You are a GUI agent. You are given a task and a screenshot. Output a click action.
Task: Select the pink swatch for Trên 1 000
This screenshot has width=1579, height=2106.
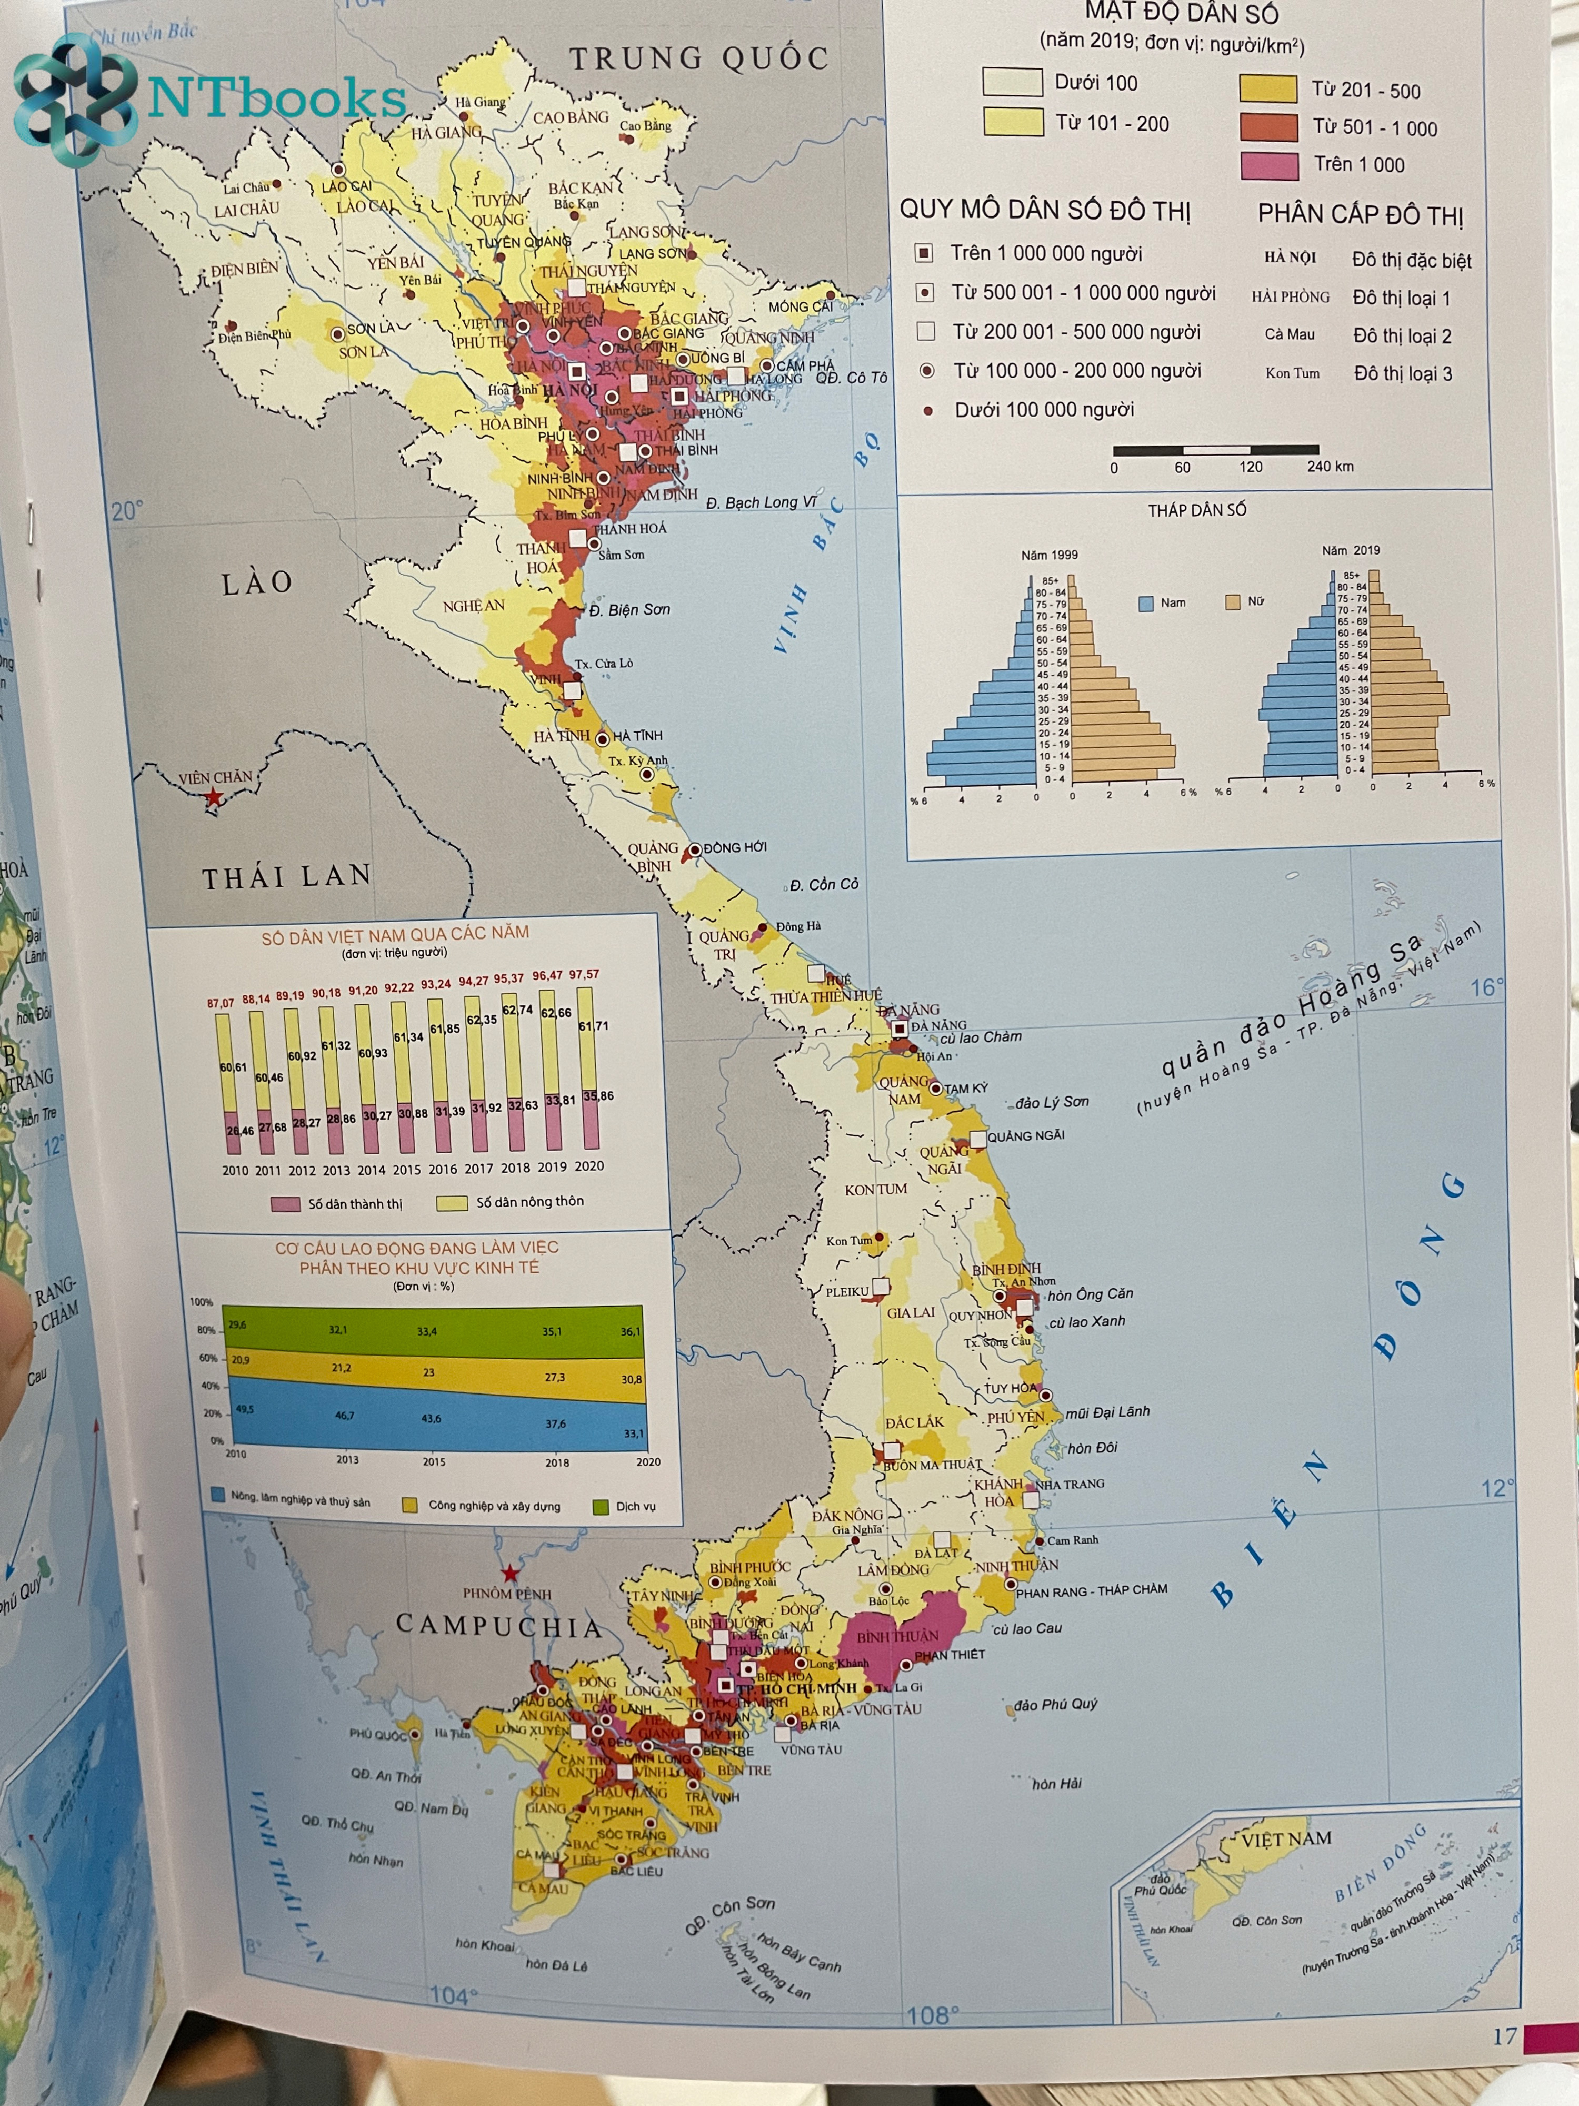point(1268,165)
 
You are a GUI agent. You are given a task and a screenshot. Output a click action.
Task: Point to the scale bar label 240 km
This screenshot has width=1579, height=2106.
point(1330,467)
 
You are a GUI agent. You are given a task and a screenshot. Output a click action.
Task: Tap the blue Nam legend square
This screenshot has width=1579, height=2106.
point(1146,602)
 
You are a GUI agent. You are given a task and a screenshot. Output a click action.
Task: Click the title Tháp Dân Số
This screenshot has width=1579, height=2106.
point(1196,510)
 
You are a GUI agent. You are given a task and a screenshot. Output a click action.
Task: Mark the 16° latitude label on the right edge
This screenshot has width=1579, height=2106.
point(1487,987)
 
